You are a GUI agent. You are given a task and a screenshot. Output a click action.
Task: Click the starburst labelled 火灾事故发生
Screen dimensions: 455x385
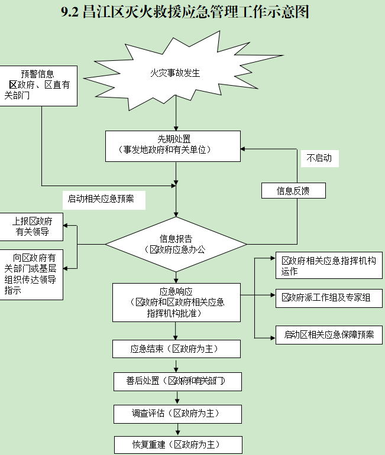pos(175,74)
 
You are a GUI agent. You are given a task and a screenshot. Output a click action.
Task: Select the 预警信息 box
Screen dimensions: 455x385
pos(38,85)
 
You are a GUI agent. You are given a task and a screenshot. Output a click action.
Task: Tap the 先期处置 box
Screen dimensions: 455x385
pos(173,145)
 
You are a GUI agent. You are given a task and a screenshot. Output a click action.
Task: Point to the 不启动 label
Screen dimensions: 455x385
pos(319,158)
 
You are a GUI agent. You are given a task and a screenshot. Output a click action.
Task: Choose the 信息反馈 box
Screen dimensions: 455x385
pos(293,191)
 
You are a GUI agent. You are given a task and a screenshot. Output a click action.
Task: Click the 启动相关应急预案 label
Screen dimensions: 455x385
pos(101,199)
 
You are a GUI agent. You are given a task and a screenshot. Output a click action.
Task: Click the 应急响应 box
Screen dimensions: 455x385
pos(176,303)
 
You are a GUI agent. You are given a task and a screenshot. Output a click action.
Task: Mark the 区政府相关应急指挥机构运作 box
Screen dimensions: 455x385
pos(329,266)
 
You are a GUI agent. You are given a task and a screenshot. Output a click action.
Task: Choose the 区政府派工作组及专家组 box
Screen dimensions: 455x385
pos(329,298)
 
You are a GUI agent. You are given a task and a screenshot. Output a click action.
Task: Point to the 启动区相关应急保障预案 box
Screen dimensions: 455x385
pos(329,334)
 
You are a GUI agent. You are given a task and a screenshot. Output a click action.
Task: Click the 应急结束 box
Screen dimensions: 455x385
pos(176,349)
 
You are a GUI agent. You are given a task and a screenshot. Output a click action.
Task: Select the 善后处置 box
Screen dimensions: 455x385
pos(177,381)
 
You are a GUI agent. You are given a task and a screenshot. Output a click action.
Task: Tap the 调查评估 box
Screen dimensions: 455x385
pos(177,414)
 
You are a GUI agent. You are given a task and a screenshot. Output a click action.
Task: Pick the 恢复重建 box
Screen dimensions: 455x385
pos(177,444)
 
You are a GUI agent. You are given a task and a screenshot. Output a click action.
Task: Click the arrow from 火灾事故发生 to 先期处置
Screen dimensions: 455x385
pos(176,118)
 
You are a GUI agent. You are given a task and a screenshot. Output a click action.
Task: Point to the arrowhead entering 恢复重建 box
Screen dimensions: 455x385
pos(177,433)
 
